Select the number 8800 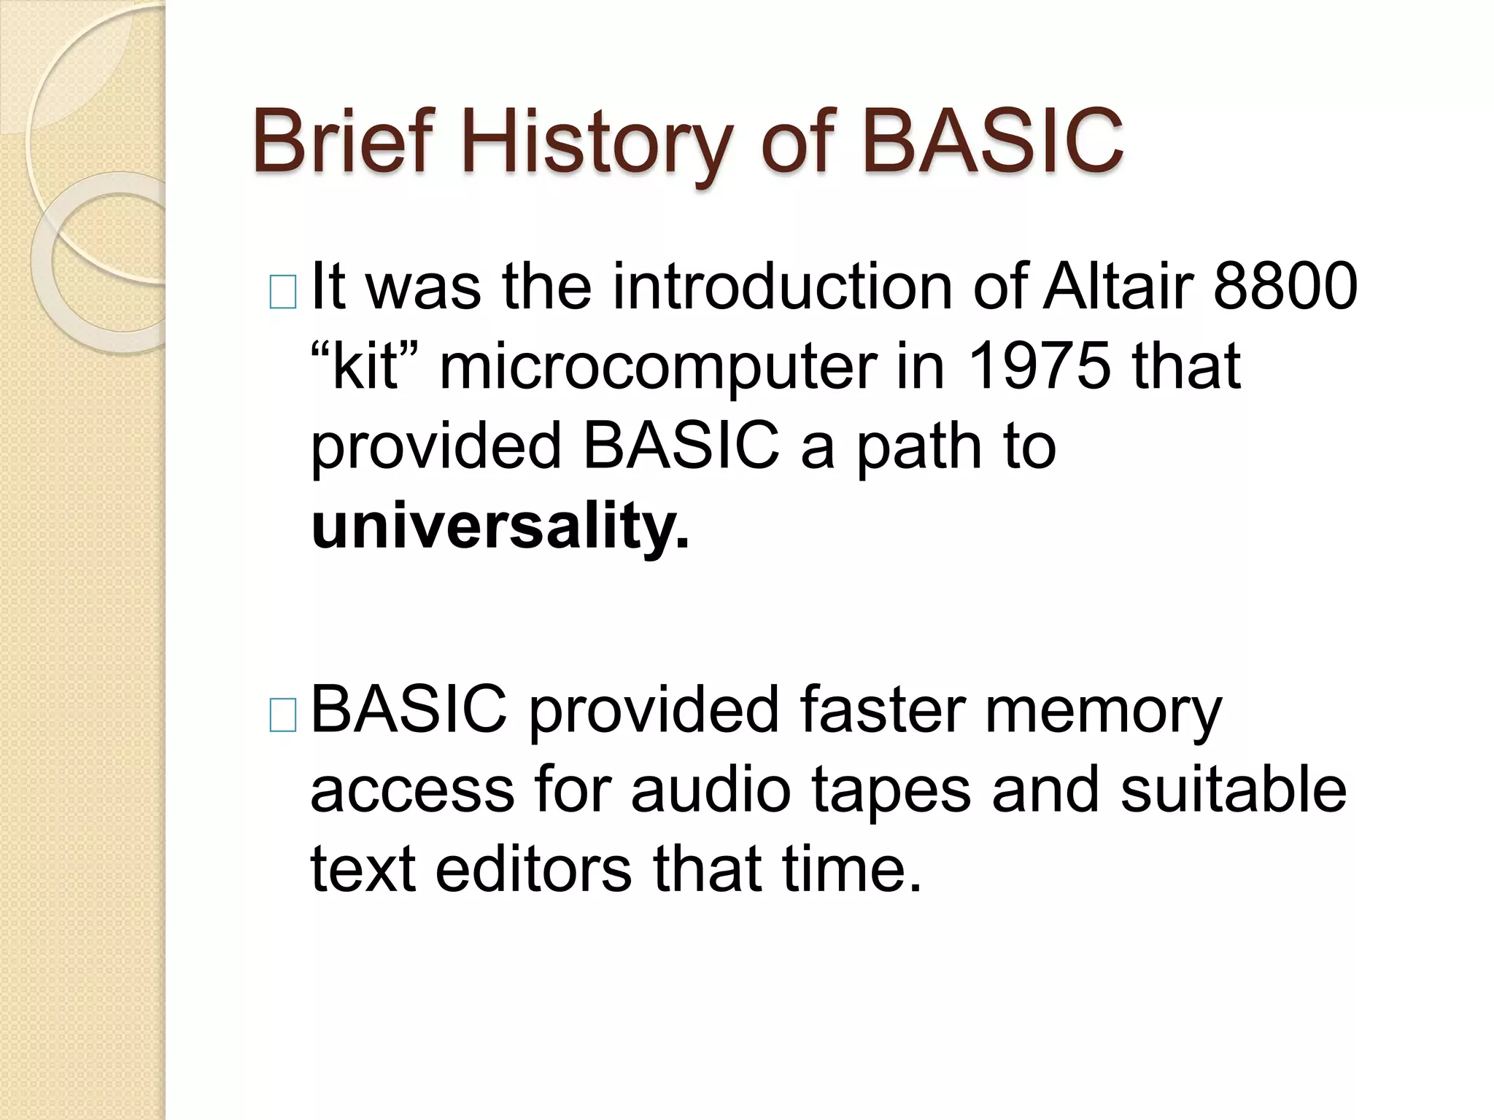coord(1285,286)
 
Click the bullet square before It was coord(283,293)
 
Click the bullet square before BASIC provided coord(283,715)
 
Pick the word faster coord(882,709)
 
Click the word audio coord(711,790)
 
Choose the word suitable coord(1234,790)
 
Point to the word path coord(919,446)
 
